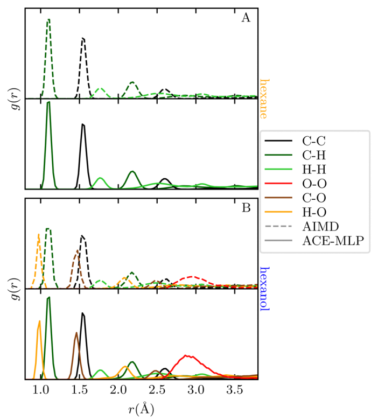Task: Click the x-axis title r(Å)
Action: (141, 408)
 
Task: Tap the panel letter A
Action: (246, 18)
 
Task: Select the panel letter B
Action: (246, 208)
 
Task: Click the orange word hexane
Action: (264, 99)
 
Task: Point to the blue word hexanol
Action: (264, 289)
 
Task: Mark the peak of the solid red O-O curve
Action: (186, 355)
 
